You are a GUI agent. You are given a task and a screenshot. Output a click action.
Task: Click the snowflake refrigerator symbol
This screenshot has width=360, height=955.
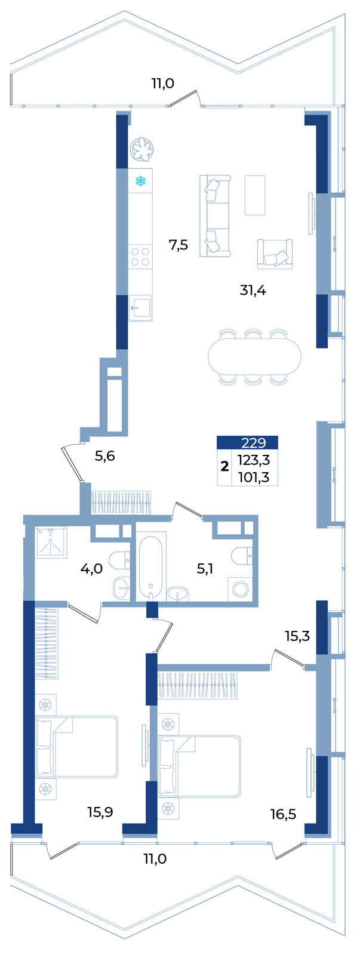[140, 181]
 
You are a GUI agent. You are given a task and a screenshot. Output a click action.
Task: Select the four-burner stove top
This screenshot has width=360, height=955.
[140, 257]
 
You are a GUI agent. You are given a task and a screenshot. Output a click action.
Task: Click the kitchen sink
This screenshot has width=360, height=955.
[140, 307]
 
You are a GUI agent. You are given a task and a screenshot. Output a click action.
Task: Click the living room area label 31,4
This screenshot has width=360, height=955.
[253, 291]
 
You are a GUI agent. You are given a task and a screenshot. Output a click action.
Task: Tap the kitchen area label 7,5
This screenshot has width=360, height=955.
[179, 245]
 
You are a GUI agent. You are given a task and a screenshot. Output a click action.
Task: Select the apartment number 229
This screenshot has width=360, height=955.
[253, 442]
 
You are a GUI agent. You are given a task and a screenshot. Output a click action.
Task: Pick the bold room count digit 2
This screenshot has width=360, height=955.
[224, 466]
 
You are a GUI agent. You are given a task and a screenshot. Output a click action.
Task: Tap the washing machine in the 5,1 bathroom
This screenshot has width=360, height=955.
[240, 589]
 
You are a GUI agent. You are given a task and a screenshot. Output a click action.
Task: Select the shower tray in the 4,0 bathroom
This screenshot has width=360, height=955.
[51, 543]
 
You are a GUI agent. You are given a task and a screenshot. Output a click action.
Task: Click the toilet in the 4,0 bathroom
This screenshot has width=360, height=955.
[119, 560]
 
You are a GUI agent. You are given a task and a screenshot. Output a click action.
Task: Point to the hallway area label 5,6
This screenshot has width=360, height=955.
[105, 456]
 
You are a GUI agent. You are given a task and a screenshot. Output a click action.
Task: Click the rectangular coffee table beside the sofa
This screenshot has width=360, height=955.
[255, 195]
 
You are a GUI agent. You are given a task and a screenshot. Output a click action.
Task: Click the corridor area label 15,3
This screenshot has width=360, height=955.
[297, 636]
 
